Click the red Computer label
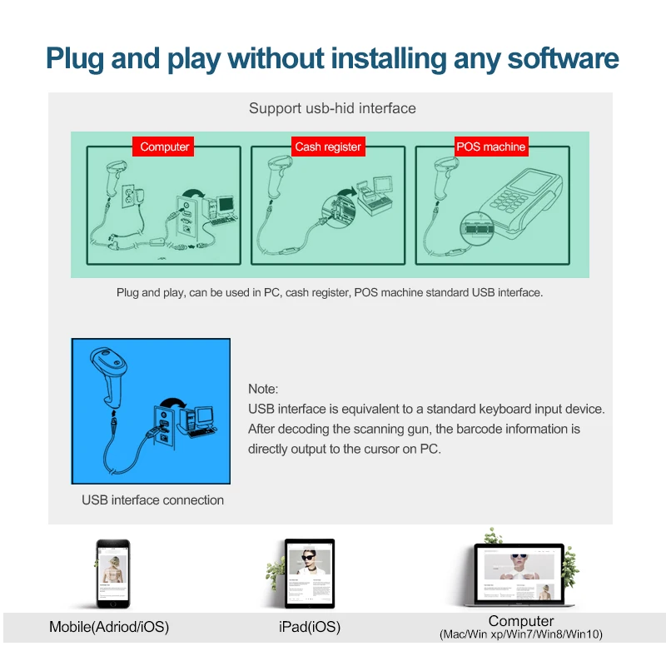(163, 147)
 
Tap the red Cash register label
(328, 147)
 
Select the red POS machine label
(491, 147)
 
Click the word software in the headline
(564, 58)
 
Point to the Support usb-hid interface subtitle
(332, 108)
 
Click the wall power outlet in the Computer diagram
(129, 196)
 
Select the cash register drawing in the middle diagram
(374, 196)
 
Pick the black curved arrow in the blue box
(172, 403)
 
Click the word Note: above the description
(263, 389)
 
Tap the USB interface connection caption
(152, 500)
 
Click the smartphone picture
(113, 574)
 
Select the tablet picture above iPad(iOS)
(310, 573)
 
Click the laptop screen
(519, 574)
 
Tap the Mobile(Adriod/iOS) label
(109, 627)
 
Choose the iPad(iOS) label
(310, 627)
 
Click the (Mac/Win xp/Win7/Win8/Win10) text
(521, 634)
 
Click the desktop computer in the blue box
(198, 421)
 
